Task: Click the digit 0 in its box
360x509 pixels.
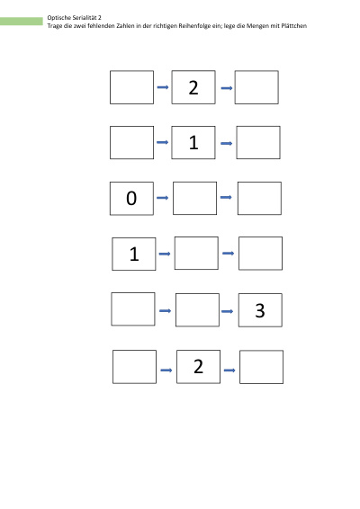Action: (131, 198)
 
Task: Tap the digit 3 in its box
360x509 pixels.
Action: (260, 310)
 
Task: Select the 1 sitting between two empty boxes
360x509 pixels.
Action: (193, 142)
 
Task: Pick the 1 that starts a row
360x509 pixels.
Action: (134, 254)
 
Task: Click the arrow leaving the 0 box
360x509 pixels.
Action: (163, 198)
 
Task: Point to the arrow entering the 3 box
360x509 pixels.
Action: (227, 311)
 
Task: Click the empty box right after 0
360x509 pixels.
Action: (194, 199)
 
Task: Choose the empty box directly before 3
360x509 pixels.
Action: (197, 310)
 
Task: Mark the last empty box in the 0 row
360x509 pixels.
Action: (259, 199)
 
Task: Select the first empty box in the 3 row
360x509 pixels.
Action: (133, 309)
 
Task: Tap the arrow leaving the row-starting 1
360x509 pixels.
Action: (165, 254)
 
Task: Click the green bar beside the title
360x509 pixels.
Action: (21, 22)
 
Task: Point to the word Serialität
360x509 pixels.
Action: (85, 17)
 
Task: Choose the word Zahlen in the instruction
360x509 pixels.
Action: (125, 26)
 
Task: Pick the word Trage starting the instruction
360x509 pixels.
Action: (55, 26)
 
